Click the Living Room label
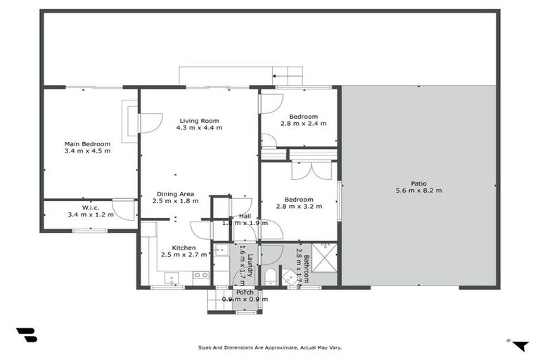(x=200, y=120)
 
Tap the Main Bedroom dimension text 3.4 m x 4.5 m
(x=87, y=150)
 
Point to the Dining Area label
(x=173, y=194)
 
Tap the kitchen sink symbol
(x=172, y=279)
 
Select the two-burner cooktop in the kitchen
(x=200, y=275)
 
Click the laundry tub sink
(x=221, y=249)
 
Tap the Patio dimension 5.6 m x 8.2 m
(x=418, y=190)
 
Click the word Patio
(x=419, y=182)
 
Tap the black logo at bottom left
(x=26, y=335)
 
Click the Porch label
(x=245, y=292)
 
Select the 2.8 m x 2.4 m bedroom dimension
(x=299, y=124)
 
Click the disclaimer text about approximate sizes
(x=270, y=347)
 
